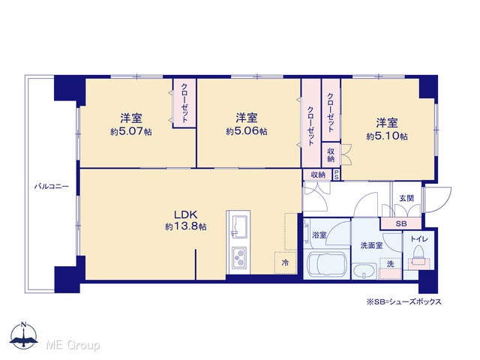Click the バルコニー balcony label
52,186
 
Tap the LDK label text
185,214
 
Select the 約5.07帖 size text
131,132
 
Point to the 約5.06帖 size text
247,131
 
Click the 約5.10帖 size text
387,136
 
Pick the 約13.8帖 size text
185,226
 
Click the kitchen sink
238,226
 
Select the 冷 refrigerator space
285,262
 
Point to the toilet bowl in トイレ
418,256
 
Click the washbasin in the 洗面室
364,271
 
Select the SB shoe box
401,223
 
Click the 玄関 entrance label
406,198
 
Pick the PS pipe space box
337,175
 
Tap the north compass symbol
24,336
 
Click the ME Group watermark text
73,346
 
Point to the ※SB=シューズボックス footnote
404,301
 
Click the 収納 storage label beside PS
318,175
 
